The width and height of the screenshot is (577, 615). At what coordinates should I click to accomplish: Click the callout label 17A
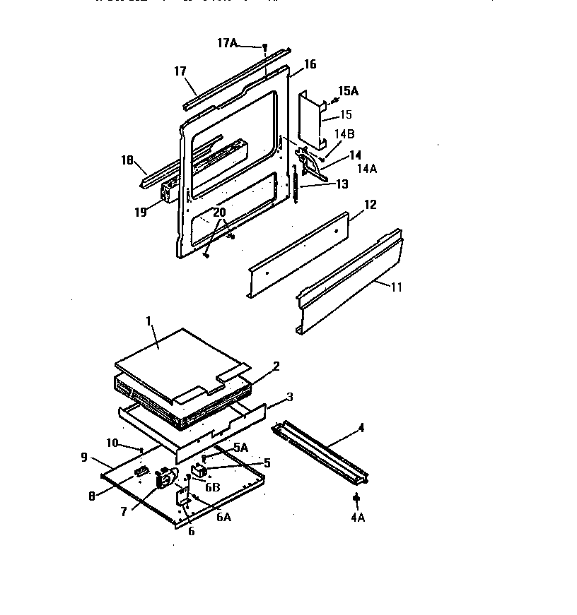click(226, 43)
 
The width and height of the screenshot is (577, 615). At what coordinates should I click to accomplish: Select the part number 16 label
click(310, 65)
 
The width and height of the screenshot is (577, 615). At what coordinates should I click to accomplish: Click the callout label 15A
click(348, 91)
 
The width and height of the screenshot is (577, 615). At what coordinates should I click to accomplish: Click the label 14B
click(344, 133)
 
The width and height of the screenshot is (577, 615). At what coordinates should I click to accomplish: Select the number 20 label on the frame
click(219, 212)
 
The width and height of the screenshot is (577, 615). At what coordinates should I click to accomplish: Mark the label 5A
click(241, 447)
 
